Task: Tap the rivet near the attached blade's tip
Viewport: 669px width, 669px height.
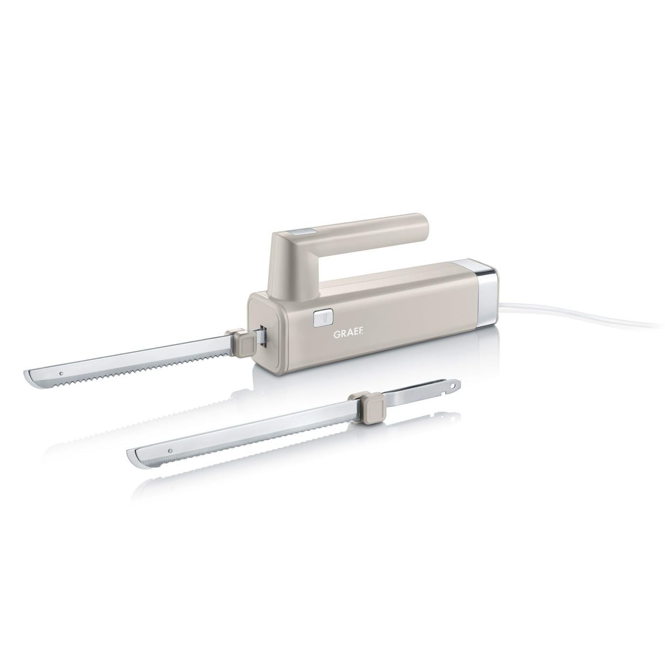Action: tap(61, 373)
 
